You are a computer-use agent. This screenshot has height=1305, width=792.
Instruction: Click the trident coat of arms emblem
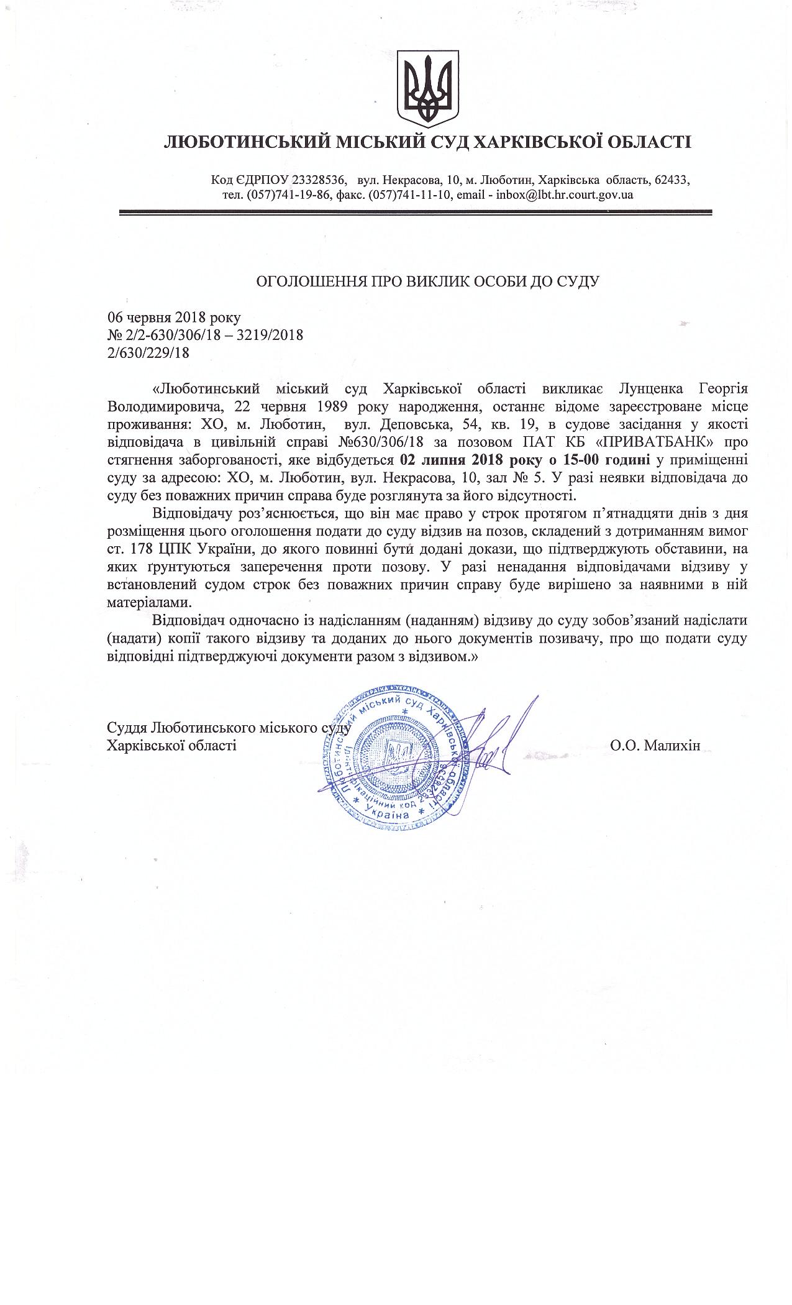click(428, 85)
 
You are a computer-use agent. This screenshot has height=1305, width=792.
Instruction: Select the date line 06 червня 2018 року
click(174, 318)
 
